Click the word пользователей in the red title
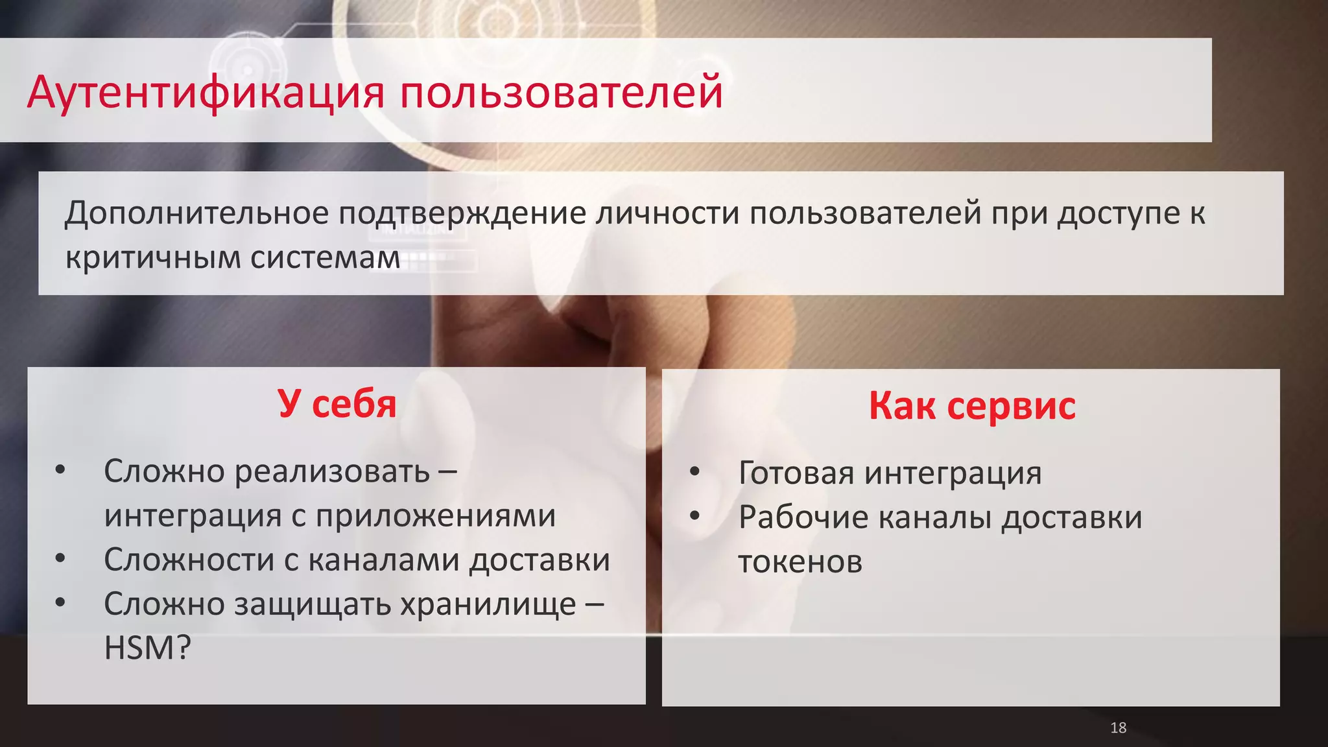(561, 92)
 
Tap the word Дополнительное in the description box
(196, 213)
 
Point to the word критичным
(153, 257)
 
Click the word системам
(325, 257)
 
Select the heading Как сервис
(971, 406)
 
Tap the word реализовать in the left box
(332, 471)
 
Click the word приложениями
(436, 516)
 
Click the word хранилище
(488, 604)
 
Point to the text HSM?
(148, 648)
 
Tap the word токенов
(800, 562)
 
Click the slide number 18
(1118, 728)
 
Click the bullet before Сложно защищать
(60, 602)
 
